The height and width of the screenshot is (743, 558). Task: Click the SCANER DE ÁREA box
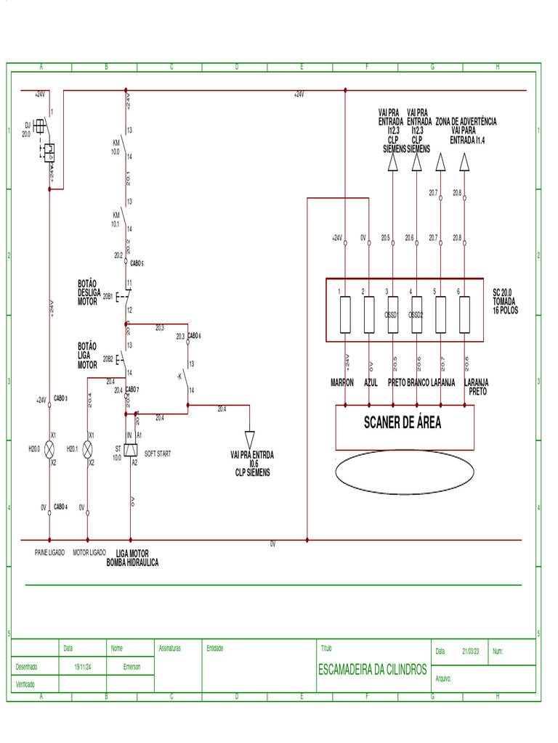point(404,427)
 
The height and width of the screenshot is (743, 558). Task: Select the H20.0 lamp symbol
point(49,449)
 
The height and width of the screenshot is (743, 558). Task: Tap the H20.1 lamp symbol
point(88,449)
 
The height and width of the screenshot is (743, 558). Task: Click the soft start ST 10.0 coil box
point(131,450)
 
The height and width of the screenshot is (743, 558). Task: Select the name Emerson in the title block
point(132,666)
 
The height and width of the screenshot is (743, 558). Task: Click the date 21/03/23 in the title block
point(472,652)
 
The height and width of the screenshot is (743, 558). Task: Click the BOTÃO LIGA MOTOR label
point(87,356)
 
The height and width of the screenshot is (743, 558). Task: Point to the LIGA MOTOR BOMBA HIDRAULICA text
point(132,558)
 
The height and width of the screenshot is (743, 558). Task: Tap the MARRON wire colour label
point(342,382)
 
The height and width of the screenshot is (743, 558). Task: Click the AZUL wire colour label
point(371,382)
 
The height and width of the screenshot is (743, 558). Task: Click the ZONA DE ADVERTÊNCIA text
point(466,121)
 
